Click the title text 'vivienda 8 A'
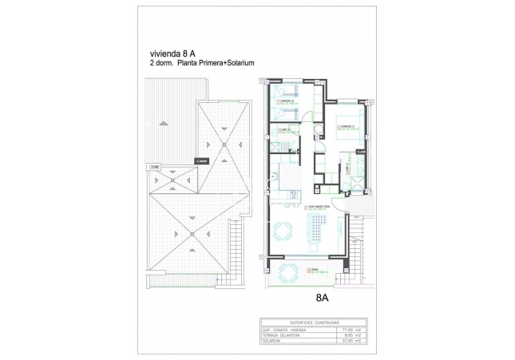click(162, 54)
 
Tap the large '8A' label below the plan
click(323, 298)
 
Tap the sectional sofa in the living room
click(314, 232)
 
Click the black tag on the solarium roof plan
click(200, 160)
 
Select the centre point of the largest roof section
click(192, 232)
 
